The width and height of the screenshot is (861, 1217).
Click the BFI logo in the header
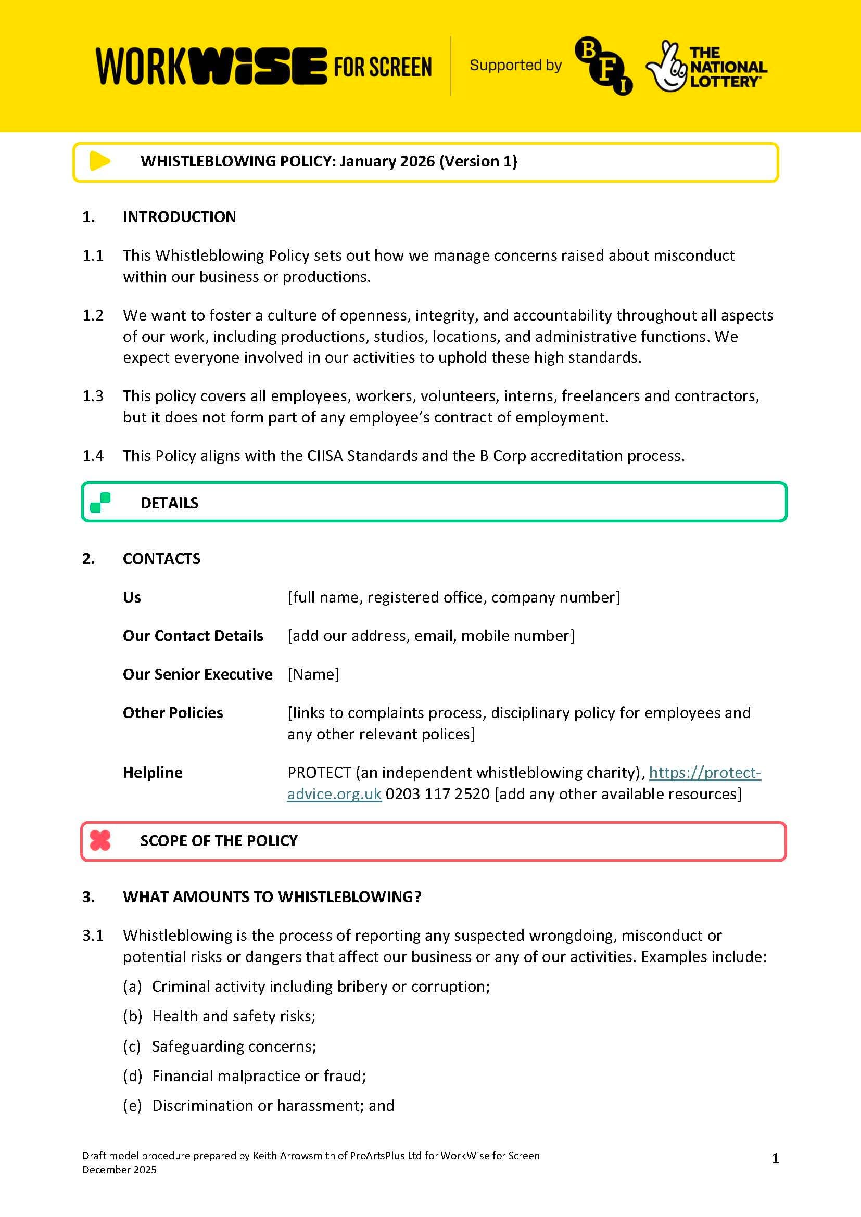(x=603, y=66)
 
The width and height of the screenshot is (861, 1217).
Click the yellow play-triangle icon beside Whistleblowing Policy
(x=99, y=161)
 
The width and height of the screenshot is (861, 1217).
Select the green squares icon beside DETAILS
(x=100, y=503)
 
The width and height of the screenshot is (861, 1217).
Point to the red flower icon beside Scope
(x=99, y=840)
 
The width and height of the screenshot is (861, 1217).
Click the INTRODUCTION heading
(x=179, y=217)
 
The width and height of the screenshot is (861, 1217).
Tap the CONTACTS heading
(x=162, y=559)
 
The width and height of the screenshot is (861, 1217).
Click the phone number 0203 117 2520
(x=437, y=794)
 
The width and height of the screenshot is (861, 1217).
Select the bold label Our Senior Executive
(x=197, y=674)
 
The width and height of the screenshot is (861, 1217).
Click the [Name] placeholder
(x=313, y=674)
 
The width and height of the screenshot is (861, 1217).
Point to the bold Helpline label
(x=153, y=773)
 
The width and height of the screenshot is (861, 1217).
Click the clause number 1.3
(x=93, y=396)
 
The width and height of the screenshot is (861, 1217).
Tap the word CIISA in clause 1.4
(x=324, y=456)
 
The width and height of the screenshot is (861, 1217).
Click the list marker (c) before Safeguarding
(x=132, y=1046)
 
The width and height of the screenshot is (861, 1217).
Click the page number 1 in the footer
(x=775, y=1159)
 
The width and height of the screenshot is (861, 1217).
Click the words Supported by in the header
(x=515, y=65)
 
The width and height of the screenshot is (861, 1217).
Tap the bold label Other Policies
(x=173, y=713)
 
